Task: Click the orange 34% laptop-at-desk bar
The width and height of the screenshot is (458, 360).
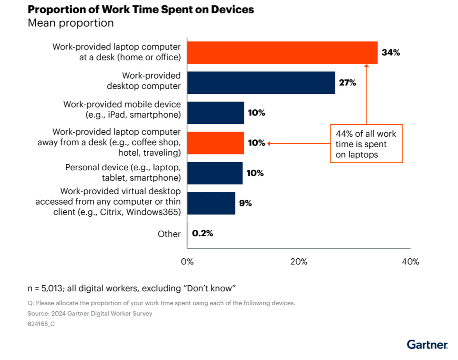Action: point(282,53)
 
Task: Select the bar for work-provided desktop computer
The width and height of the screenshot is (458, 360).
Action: point(261,83)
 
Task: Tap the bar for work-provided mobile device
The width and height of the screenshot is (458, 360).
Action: point(215,113)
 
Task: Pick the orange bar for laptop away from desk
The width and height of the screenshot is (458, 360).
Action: point(215,143)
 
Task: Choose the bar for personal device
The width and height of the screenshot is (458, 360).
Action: point(215,173)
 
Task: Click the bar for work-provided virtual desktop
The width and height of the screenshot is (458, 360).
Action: point(211,203)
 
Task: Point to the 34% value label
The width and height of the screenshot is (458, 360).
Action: point(391,53)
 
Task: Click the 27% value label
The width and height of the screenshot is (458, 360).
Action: point(347,83)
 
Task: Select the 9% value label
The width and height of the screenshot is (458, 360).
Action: point(245,203)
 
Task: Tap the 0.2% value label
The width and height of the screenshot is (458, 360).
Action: point(202,234)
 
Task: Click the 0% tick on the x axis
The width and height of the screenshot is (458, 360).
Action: point(187,261)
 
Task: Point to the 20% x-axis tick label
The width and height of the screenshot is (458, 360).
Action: point(299,261)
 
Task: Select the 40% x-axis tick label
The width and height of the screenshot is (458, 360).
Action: point(410,261)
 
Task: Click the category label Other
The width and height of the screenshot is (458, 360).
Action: point(169,234)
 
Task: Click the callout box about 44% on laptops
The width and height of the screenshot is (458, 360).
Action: point(366,144)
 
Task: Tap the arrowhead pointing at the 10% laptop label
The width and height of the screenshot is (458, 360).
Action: point(269,143)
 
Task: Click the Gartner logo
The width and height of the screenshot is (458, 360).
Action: point(427,345)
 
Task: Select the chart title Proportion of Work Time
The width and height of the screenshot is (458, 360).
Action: point(141,10)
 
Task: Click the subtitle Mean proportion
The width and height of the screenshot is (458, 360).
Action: point(71,23)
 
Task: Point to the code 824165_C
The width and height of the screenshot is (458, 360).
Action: point(42,324)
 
